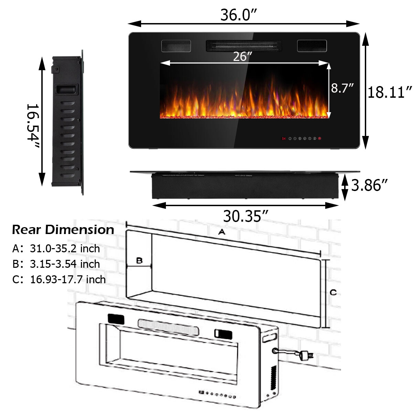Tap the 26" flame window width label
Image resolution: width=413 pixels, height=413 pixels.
[242, 56]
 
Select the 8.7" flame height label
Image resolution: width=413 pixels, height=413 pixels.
[342, 88]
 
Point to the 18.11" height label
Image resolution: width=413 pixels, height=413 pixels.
[390, 92]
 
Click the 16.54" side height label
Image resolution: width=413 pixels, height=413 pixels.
[33, 122]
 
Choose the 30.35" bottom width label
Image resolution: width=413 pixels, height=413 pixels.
[245, 216]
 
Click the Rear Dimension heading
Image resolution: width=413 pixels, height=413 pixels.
[63, 230]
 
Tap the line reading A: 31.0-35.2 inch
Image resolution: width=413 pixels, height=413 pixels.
[56, 248]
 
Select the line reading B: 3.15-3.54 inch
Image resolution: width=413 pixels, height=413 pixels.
[56, 264]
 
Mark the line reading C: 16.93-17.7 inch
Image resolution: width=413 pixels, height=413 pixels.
[59, 279]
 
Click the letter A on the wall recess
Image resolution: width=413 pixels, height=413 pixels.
[222, 232]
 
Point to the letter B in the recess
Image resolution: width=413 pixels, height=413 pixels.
[139, 261]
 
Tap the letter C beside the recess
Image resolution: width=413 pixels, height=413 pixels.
[333, 293]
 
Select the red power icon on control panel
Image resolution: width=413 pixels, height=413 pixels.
[320, 139]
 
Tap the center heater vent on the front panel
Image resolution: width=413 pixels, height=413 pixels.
[244, 45]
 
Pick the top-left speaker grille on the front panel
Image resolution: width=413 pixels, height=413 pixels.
[176, 46]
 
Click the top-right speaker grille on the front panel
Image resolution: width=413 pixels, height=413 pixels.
[312, 46]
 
